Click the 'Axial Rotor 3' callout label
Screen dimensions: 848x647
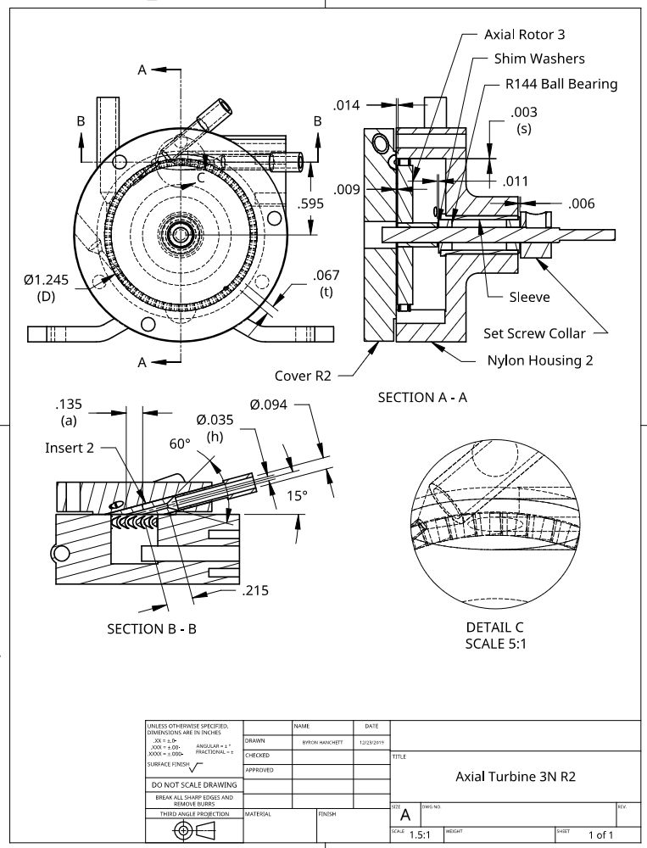click(524, 35)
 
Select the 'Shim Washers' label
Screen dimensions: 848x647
click(539, 59)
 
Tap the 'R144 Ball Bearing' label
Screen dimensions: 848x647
click(561, 84)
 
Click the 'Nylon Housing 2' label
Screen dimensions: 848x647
click(539, 360)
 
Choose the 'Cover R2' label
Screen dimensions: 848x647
click(303, 376)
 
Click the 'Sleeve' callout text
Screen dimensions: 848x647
click(529, 297)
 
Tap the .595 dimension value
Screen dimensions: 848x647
click(311, 204)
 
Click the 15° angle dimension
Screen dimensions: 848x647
click(295, 496)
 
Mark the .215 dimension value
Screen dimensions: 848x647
click(255, 590)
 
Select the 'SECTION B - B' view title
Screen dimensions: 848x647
click(152, 629)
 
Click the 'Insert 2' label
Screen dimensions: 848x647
click(70, 448)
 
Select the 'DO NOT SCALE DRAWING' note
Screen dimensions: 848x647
click(193, 784)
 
